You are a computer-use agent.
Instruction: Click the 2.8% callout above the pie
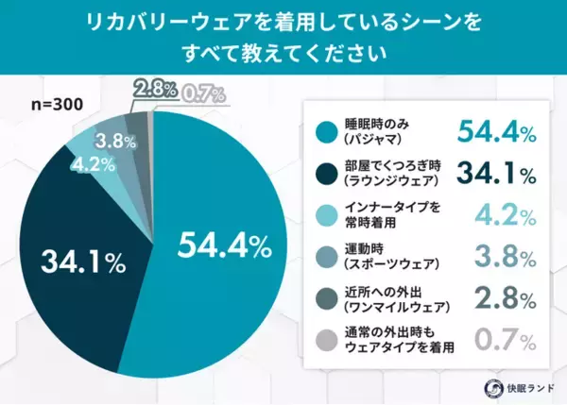pyautogui.click(x=155, y=91)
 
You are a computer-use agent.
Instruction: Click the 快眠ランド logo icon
pyautogui.click(x=492, y=387)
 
